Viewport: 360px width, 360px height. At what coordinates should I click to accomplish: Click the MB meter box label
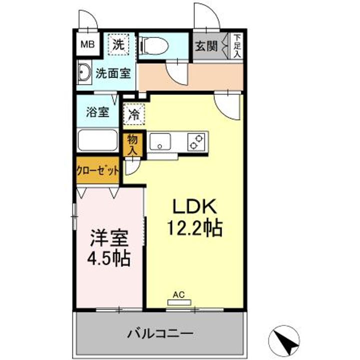click(x=87, y=44)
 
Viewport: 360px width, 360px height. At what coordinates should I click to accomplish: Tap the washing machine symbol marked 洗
click(x=119, y=44)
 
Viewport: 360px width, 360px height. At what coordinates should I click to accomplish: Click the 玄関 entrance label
click(x=205, y=46)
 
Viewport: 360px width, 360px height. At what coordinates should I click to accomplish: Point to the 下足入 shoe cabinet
click(x=236, y=46)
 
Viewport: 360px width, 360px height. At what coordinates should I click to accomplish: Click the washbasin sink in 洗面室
click(x=84, y=73)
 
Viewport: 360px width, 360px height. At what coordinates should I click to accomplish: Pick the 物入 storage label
click(x=132, y=144)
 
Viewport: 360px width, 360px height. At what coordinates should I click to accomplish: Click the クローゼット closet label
click(x=98, y=169)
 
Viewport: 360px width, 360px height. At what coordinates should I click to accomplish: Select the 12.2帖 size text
click(x=194, y=228)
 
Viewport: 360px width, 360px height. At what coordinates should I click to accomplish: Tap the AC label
click(x=178, y=295)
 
